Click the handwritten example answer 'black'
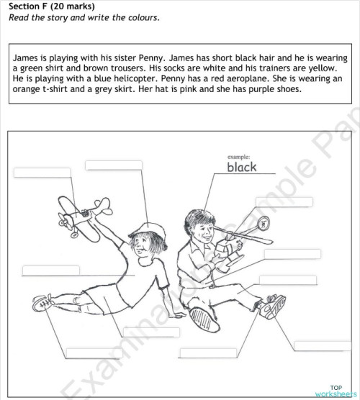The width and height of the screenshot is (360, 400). click(x=241, y=168)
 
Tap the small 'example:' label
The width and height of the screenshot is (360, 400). click(x=238, y=155)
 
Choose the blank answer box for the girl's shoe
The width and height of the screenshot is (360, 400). click(x=94, y=353)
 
